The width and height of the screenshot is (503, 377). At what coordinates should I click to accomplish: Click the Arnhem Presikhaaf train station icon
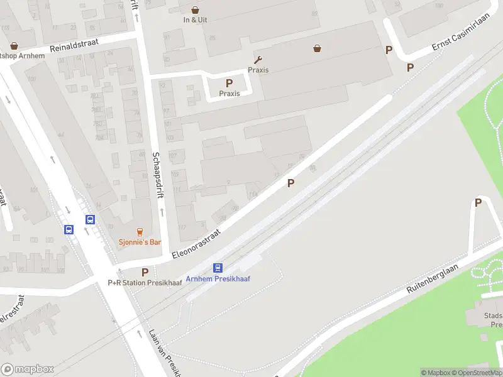[x=218, y=268]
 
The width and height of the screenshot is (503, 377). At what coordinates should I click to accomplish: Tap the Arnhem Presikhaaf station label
[x=218, y=278]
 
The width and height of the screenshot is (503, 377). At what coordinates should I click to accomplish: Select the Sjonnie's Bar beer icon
[x=140, y=232]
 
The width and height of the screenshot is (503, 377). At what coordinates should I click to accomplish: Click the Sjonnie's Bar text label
[x=140, y=243]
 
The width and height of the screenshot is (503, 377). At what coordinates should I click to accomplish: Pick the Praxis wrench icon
[x=258, y=60]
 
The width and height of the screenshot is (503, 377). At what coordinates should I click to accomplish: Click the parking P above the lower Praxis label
[x=229, y=84]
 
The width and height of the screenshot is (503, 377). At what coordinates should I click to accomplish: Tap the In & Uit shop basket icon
[x=195, y=9]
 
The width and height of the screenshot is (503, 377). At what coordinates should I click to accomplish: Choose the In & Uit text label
[x=195, y=19]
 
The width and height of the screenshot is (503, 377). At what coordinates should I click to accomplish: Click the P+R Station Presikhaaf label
[x=145, y=283]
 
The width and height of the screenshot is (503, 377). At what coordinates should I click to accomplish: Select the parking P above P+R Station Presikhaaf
[x=145, y=272]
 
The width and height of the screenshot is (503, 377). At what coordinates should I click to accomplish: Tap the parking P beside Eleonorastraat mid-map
[x=290, y=183]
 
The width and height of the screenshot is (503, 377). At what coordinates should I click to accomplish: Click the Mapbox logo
[x=27, y=369]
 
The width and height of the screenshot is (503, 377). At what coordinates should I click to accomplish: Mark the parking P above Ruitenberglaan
[x=478, y=202]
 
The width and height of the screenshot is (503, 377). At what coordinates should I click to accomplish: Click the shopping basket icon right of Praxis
[x=318, y=48]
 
